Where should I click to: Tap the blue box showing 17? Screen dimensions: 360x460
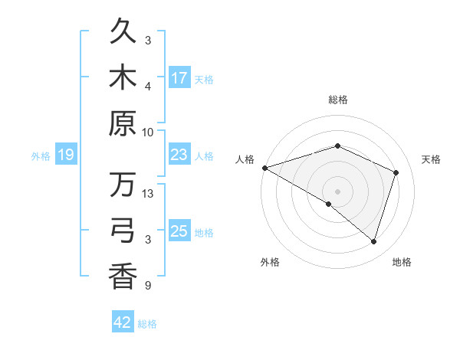click(179, 78)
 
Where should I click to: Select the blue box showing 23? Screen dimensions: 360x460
click(179, 155)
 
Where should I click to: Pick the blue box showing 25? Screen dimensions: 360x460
click(179, 231)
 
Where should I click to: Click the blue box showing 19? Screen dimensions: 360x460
click(65, 155)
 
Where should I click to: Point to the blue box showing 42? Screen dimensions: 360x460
click(123, 323)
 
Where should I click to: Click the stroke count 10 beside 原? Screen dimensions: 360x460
click(148, 132)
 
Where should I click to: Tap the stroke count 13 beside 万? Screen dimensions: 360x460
click(148, 194)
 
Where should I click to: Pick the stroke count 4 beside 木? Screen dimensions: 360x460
click(148, 86)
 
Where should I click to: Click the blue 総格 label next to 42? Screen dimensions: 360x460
click(147, 324)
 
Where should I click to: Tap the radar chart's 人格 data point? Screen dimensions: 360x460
click(264, 168)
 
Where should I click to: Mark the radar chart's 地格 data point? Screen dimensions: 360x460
click(374, 242)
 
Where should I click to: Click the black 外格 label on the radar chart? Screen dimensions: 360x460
click(270, 262)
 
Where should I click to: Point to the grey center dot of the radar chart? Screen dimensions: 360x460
click(337, 191)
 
